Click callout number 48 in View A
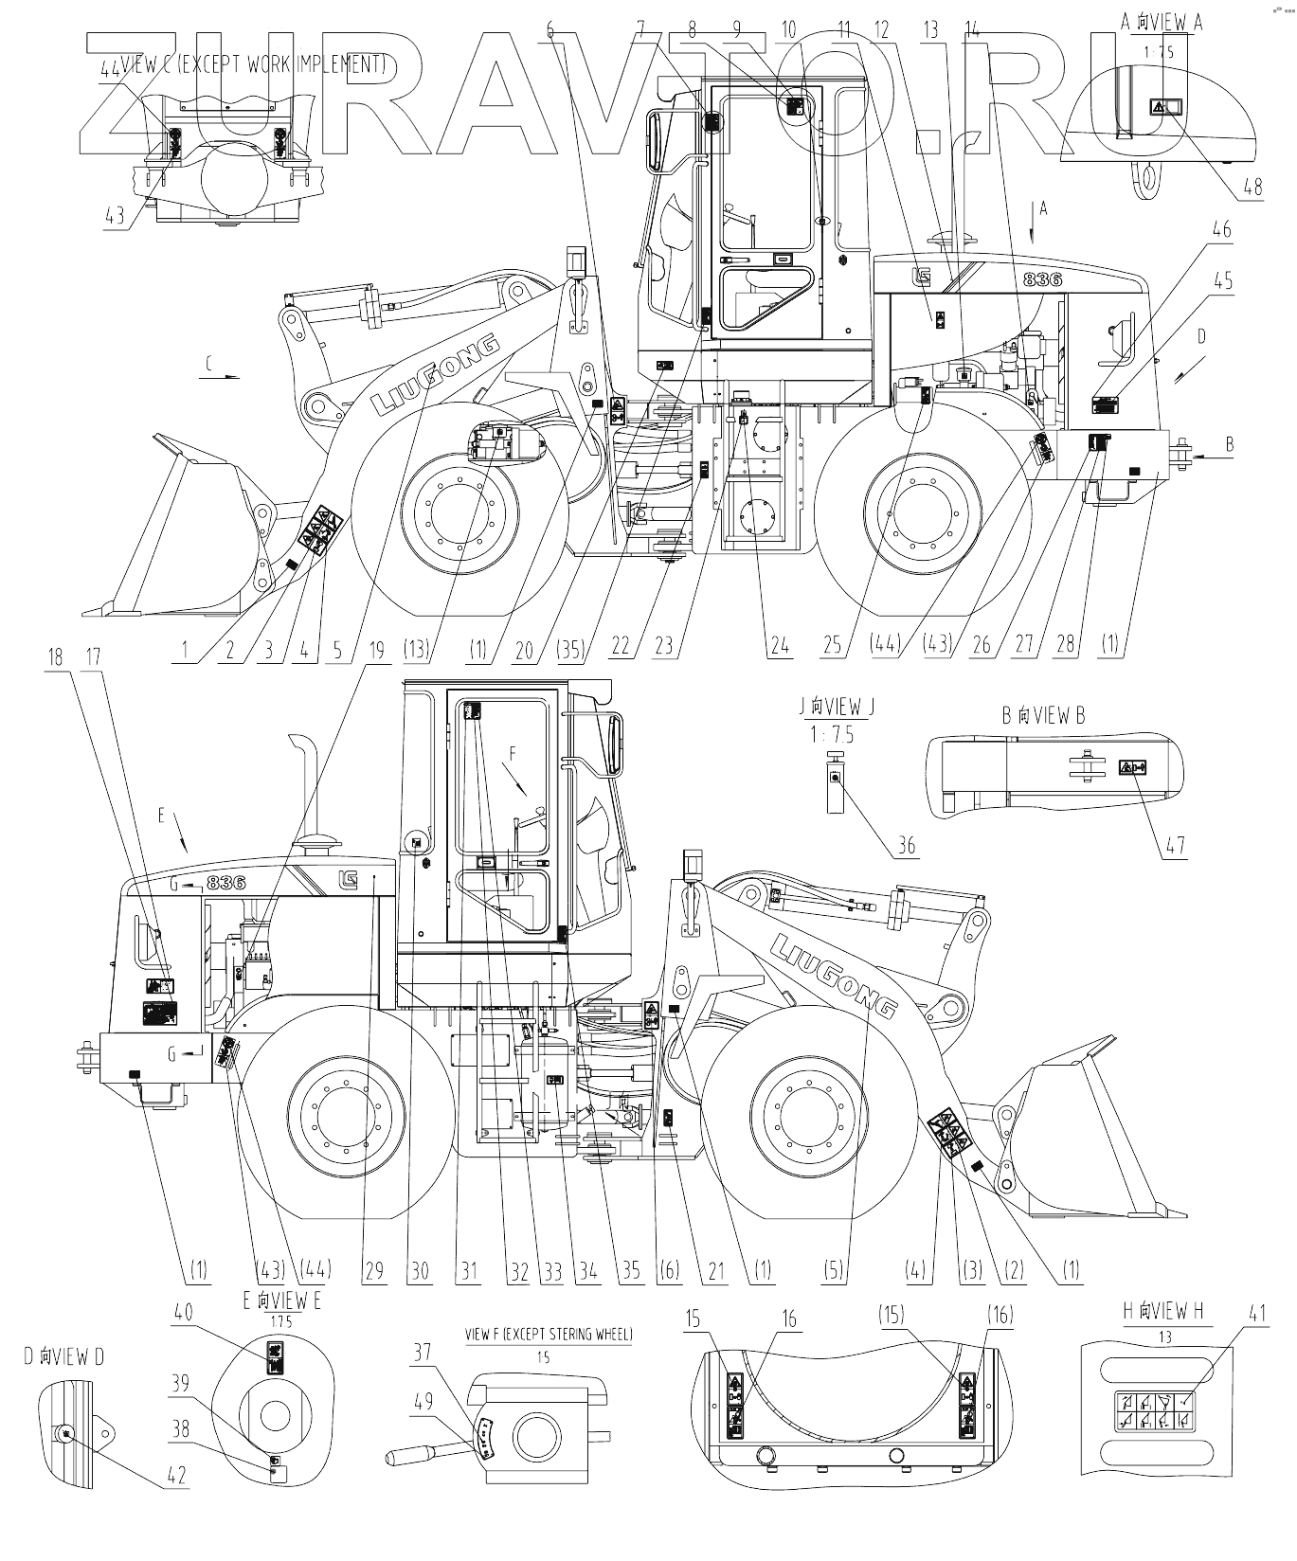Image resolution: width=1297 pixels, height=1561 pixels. (x=1252, y=187)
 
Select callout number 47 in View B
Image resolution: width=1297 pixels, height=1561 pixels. (x=1175, y=844)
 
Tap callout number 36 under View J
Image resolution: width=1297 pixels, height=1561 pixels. (x=907, y=844)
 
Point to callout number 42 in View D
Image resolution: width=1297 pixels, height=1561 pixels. (x=176, y=1475)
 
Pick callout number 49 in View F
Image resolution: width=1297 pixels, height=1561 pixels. (x=423, y=1399)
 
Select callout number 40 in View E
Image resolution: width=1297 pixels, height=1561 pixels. (x=182, y=1312)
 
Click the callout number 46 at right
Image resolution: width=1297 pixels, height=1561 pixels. (x=1222, y=228)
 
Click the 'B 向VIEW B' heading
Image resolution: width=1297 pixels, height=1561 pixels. (x=1043, y=715)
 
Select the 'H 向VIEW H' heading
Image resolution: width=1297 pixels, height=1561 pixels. (x=1162, y=1311)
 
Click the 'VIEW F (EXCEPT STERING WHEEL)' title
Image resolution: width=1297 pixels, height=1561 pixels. (x=549, y=1334)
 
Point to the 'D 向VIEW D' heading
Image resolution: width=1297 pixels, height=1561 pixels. (x=64, y=1356)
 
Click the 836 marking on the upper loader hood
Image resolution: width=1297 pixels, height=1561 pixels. (x=1042, y=278)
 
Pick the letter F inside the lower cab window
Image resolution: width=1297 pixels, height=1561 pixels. (x=513, y=754)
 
